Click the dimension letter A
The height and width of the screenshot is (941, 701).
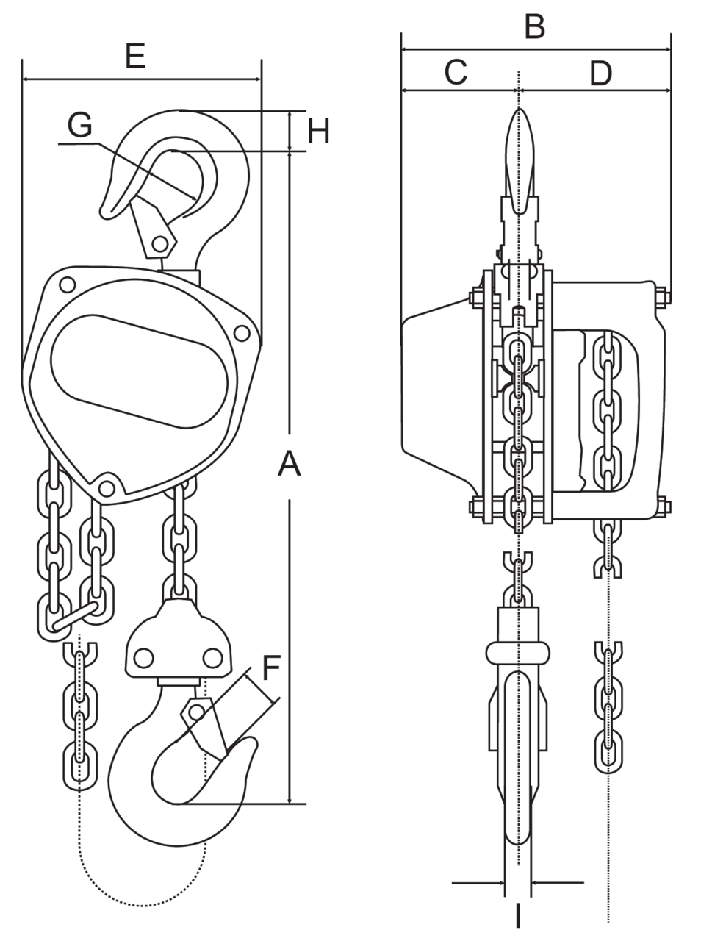(290, 464)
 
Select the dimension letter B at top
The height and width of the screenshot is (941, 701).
(534, 26)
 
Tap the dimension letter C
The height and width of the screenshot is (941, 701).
(456, 72)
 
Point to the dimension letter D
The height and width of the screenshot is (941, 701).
(600, 73)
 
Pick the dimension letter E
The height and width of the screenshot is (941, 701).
(135, 56)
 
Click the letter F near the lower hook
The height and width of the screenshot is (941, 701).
(271, 668)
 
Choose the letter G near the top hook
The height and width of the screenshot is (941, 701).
(79, 125)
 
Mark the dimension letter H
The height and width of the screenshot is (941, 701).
(318, 132)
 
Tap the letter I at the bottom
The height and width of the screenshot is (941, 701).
(518, 916)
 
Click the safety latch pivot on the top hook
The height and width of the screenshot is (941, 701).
(158, 243)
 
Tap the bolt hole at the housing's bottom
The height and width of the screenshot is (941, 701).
(107, 487)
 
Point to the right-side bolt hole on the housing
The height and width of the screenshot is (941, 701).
(240, 332)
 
